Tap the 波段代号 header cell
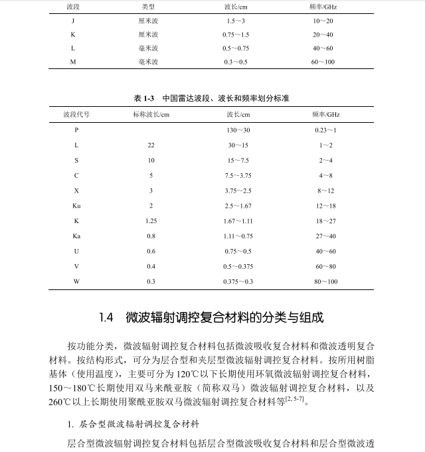pyautogui.click(x=76, y=114)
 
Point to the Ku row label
pyautogui.click(x=76, y=206)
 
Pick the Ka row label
pyautogui.click(x=76, y=236)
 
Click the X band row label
pyautogui.click(x=76, y=190)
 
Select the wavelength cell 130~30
pyautogui.click(x=238, y=130)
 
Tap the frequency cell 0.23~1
pyautogui.click(x=325, y=130)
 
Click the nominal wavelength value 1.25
pyautogui.click(x=151, y=221)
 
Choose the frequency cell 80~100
pyautogui.click(x=325, y=282)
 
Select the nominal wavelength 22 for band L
pyautogui.click(x=151, y=145)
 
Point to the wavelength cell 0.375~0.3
pyautogui.click(x=238, y=282)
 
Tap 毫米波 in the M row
pyautogui.click(x=149, y=62)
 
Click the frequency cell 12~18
pyautogui.click(x=325, y=206)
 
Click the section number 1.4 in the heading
pyautogui.click(x=106, y=318)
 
